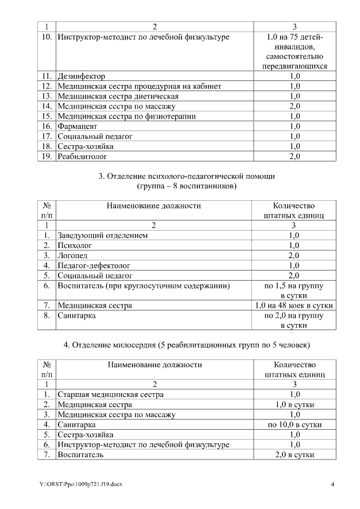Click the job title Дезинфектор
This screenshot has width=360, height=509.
[82, 76]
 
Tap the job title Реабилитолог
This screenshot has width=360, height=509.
[82, 157]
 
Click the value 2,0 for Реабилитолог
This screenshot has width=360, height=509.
[295, 157]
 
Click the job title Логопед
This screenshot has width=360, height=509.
[73, 256]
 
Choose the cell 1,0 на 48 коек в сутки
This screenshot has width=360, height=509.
[294, 306]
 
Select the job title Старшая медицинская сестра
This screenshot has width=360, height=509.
[111, 394]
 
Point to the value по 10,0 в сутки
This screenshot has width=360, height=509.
[295, 425]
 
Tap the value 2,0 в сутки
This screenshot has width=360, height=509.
[295, 455]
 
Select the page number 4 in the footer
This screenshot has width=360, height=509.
[332, 484]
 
